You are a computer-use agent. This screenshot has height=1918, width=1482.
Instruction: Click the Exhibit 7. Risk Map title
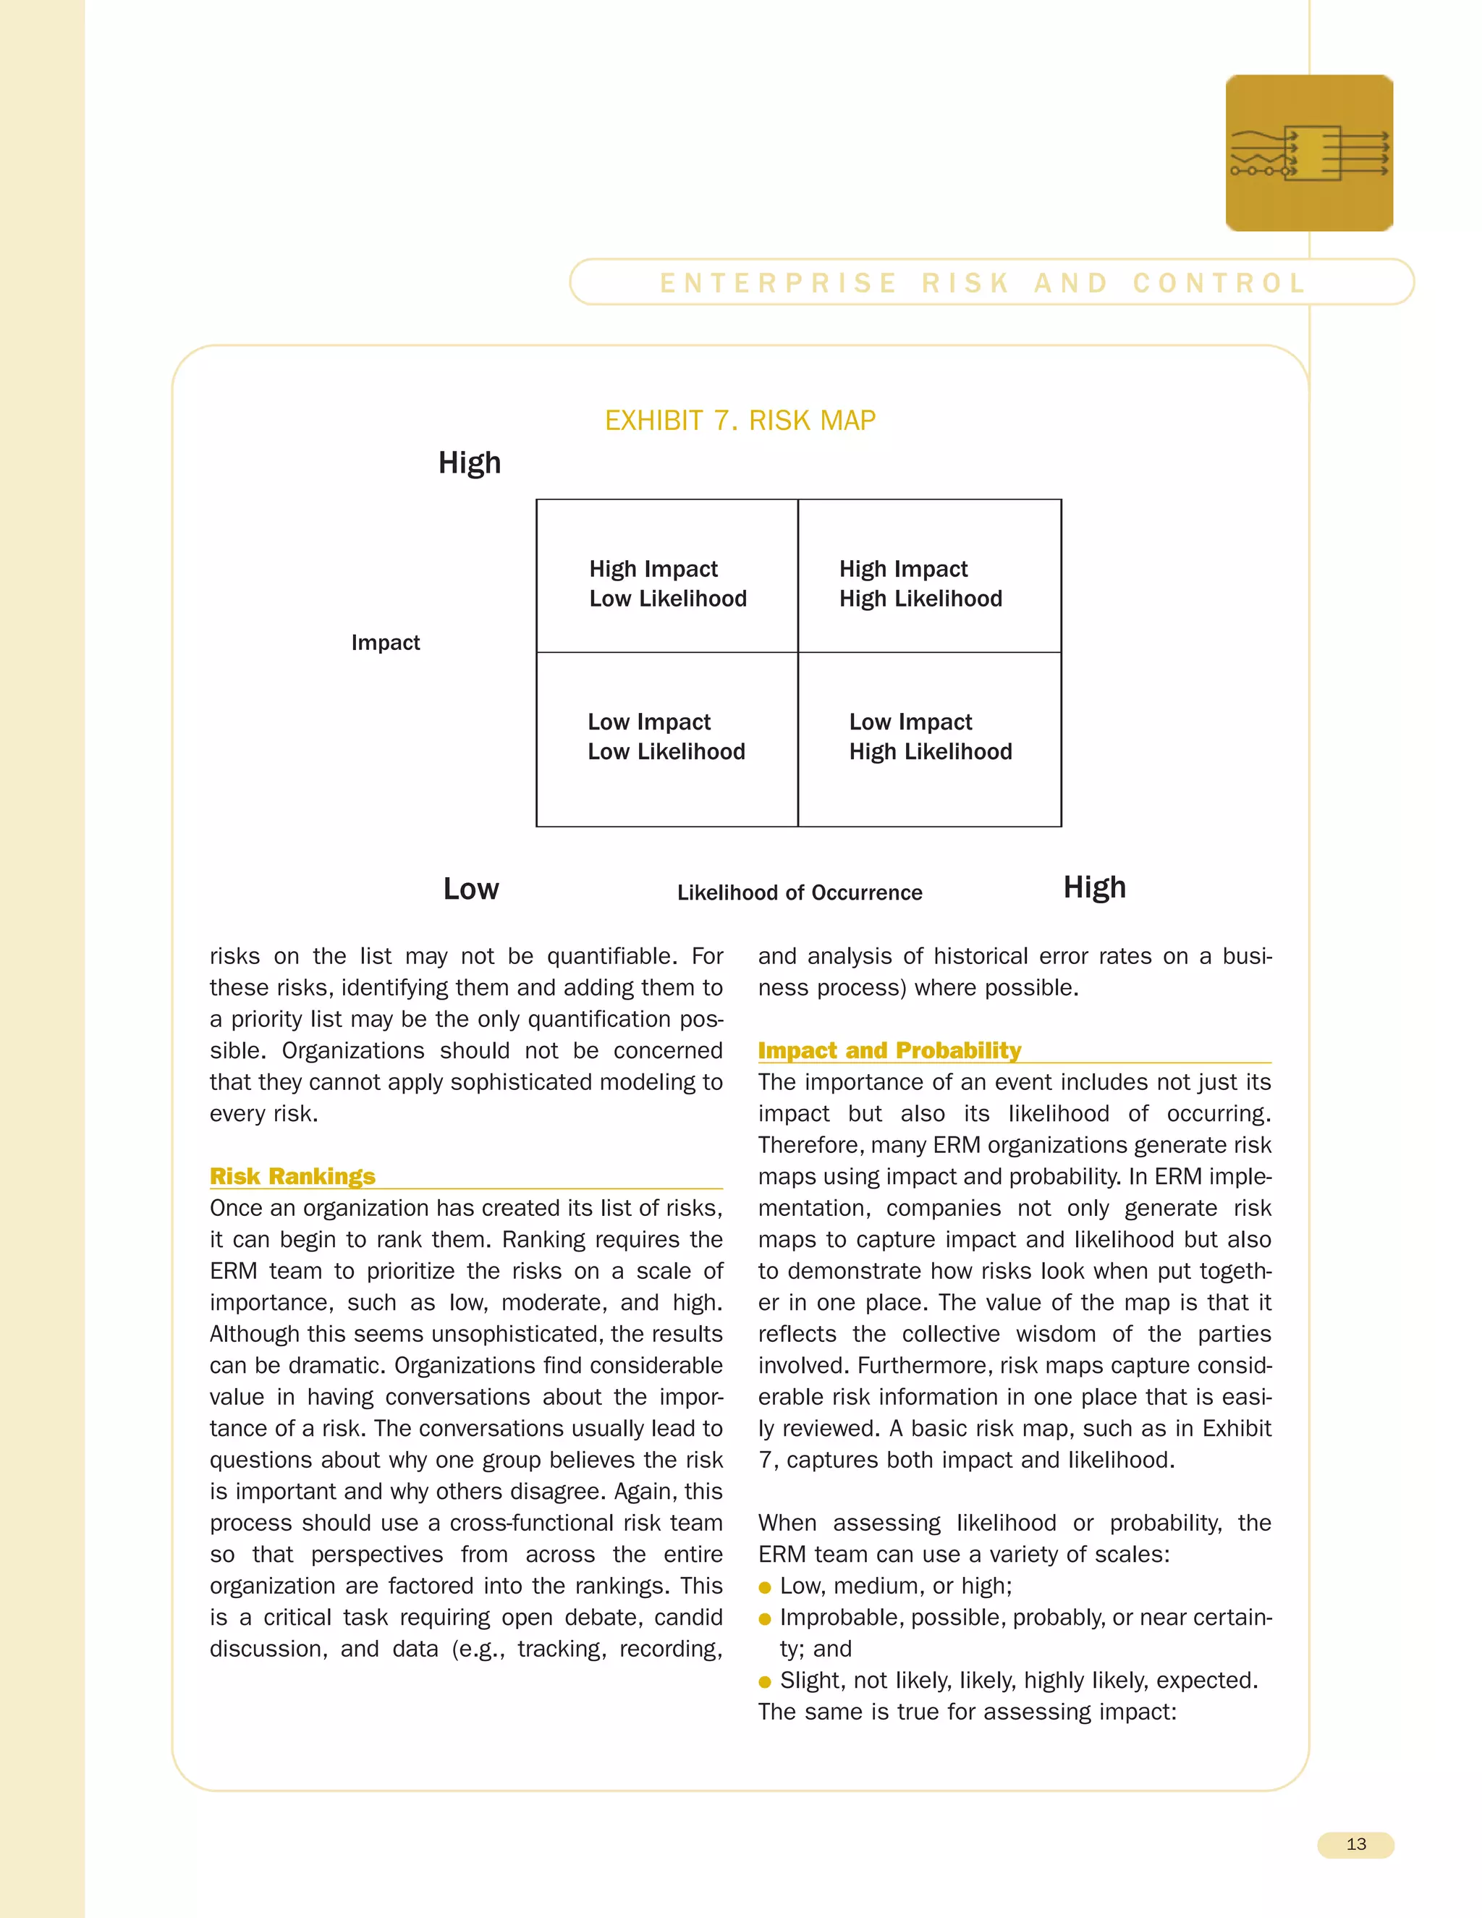pyautogui.click(x=740, y=421)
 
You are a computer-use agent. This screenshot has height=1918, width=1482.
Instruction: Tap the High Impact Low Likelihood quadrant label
pyautogui.click(x=667, y=583)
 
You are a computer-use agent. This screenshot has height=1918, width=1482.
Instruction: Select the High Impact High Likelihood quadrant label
pyautogui.click(x=920, y=583)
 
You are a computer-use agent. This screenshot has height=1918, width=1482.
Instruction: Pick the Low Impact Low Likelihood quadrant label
pyautogui.click(x=666, y=736)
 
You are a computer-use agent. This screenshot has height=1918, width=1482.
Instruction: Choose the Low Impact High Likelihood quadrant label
pyautogui.click(x=930, y=736)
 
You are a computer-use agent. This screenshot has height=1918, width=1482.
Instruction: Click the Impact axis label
pyautogui.click(x=386, y=643)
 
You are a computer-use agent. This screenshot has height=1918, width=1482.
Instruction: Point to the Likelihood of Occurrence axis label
pyautogui.click(x=799, y=892)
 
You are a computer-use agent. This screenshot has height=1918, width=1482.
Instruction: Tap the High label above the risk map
pyautogui.click(x=470, y=462)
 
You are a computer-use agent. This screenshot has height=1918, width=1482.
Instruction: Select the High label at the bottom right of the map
pyautogui.click(x=1094, y=887)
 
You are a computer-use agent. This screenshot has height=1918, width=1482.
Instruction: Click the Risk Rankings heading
pyautogui.click(x=292, y=1176)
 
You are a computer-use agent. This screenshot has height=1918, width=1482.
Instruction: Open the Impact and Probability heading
pyautogui.click(x=889, y=1050)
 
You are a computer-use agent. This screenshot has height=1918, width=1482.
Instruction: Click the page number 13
pyautogui.click(x=1355, y=1844)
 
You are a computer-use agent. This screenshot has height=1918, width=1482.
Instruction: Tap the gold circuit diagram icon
pyautogui.click(x=1309, y=153)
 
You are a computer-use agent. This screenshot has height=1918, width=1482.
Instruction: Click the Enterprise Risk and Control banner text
pyautogui.click(x=983, y=283)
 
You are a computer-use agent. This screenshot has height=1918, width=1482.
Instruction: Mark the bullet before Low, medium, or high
pyautogui.click(x=765, y=1588)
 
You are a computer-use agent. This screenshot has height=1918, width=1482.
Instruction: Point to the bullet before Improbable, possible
pyautogui.click(x=765, y=1619)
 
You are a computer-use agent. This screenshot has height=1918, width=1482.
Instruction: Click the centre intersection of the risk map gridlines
pyautogui.click(x=798, y=653)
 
